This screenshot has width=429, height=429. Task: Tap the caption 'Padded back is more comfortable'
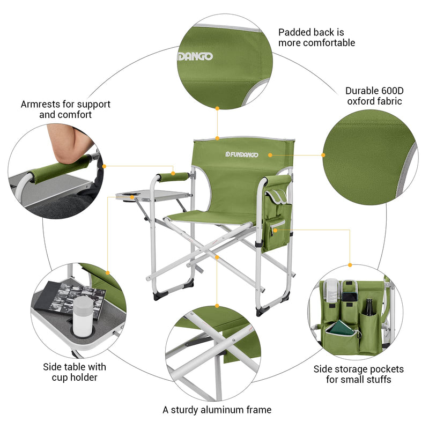(316, 37)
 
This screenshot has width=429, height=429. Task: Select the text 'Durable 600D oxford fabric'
(374, 95)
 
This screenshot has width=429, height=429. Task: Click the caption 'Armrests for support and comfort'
(65, 109)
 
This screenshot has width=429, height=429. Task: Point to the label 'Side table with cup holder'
(75, 372)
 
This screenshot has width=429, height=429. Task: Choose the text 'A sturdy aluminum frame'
(217, 410)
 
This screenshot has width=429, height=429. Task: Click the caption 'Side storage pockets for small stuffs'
(358, 374)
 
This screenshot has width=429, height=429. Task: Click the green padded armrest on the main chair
(173, 176)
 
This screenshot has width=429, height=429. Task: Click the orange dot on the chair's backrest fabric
(270, 155)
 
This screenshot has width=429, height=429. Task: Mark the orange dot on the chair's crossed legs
(217, 257)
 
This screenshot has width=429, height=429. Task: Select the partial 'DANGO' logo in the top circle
(196, 56)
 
